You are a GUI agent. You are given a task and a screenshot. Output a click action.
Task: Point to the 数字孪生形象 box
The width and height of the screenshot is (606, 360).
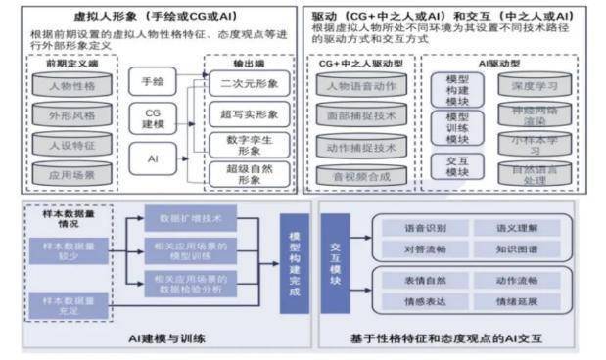pyautogui.click(x=242, y=146)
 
